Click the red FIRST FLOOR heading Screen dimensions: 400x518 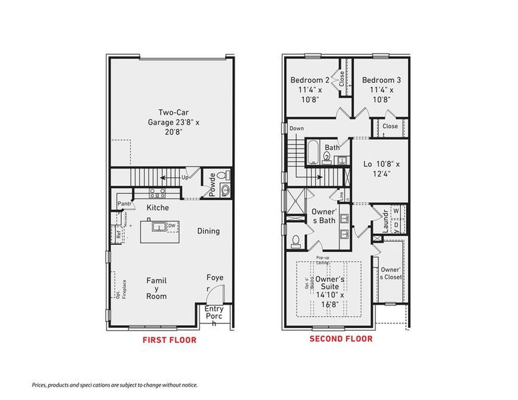point(169,340)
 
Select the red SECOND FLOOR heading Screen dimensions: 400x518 point(341,339)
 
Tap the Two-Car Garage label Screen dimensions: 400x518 point(169,122)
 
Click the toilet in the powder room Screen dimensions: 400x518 point(225,177)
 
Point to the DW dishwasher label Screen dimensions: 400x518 point(172,227)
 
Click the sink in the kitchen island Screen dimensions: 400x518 point(159,227)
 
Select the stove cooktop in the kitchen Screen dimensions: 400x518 point(157,194)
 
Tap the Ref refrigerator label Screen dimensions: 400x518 point(119,234)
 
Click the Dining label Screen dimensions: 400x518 point(208,231)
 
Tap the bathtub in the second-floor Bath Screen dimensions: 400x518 point(313,153)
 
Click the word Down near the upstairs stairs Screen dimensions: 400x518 point(297,129)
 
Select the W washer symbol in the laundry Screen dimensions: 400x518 point(395,211)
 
